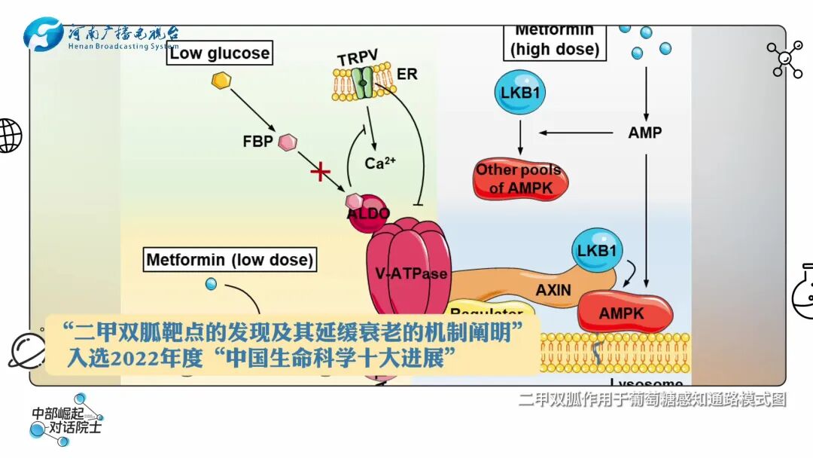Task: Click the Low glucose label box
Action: pos(219,53)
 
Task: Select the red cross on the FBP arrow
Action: pos(321,173)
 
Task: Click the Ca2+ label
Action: pos(380,163)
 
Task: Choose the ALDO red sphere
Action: pos(369,209)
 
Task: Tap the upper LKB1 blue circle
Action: pos(519,93)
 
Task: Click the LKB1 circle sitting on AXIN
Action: pos(597,250)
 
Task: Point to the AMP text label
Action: pos(645,133)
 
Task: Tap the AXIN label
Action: pos(553,289)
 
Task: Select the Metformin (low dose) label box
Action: pos(229,260)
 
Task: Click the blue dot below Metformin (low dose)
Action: pos(212,284)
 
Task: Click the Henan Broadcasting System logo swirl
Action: pos(44,35)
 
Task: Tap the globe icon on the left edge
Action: pos(9,136)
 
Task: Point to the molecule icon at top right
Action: pos(785,60)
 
